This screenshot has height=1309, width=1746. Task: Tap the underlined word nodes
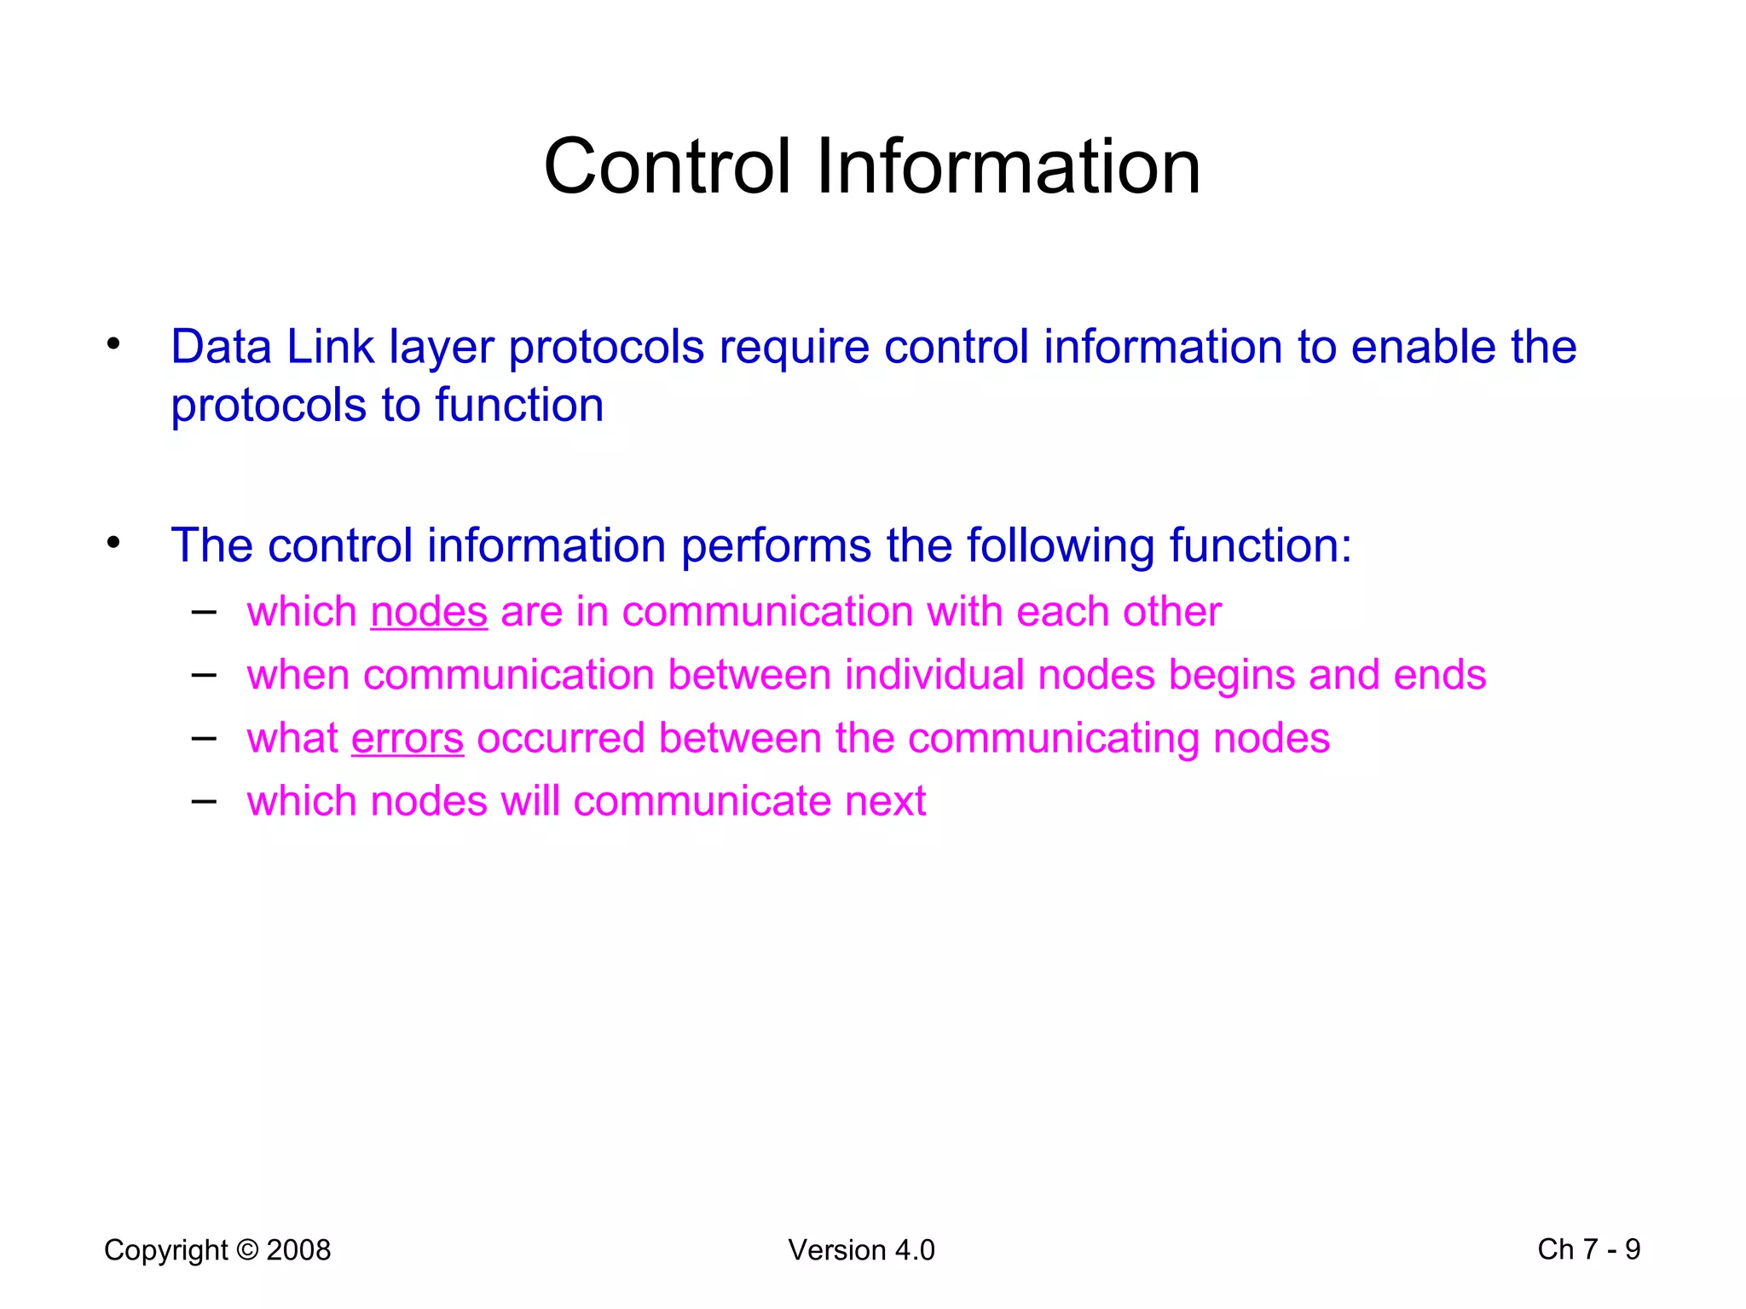point(429,612)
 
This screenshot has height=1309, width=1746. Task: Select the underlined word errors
point(408,738)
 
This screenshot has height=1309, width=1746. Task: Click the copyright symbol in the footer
point(247,1250)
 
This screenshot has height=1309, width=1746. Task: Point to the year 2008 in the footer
point(298,1250)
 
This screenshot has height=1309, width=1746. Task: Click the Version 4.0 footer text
point(861,1250)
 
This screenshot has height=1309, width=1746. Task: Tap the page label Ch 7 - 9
point(1588,1249)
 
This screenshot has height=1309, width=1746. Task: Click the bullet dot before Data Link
point(113,344)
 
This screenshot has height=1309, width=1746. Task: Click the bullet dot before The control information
point(113,542)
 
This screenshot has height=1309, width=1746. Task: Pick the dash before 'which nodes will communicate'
point(204,800)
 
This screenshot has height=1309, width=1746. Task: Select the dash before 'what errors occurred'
point(204,737)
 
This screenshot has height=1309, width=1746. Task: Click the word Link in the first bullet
point(330,347)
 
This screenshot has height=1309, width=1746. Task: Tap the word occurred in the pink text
point(560,738)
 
